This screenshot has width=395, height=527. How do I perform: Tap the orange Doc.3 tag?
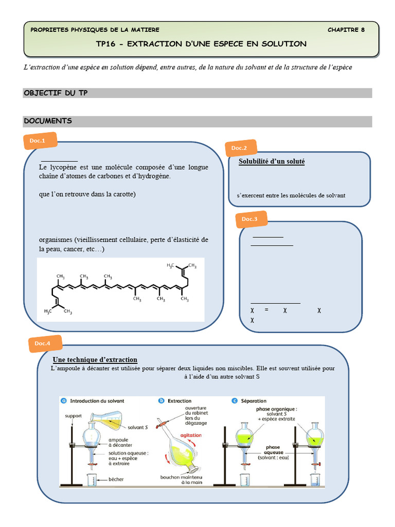250,219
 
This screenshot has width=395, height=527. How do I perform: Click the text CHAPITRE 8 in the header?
346,30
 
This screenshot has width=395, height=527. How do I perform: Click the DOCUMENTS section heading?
48,121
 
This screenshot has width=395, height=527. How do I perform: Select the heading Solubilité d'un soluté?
272,162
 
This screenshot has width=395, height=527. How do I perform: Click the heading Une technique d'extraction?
95,359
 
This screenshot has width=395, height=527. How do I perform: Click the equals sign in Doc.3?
266,310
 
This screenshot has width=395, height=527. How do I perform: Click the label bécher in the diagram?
116,480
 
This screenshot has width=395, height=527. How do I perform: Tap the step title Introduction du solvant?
97,400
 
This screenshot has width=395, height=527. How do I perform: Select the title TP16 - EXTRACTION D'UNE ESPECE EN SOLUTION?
201,44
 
